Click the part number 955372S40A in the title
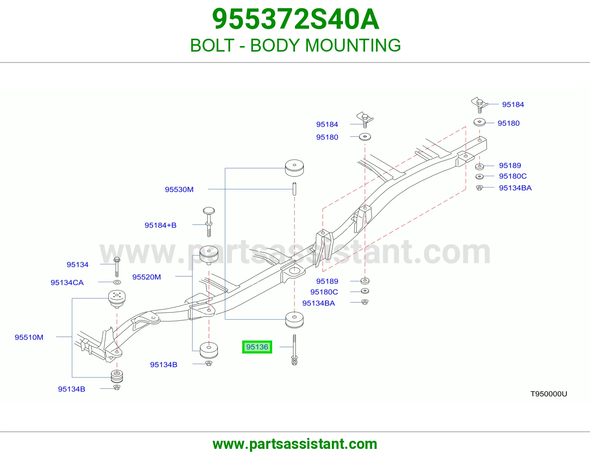[295, 19]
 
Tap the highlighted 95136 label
[257, 347]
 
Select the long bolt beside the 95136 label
[294, 350]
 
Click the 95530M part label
[179, 189]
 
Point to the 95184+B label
[160, 225]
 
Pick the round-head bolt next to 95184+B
[209, 222]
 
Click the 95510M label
[29, 337]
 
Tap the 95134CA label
[67, 283]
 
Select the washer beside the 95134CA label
[117, 282]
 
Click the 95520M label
[147, 277]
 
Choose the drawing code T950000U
[549, 394]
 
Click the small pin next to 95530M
[294, 189]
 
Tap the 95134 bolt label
[78, 265]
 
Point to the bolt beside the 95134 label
[117, 267]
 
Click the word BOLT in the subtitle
[212, 45]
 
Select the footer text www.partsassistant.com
[295, 444]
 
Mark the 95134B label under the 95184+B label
[164, 364]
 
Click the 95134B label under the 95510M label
[72, 389]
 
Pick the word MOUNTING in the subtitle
[353, 45]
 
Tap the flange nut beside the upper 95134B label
[209, 363]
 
